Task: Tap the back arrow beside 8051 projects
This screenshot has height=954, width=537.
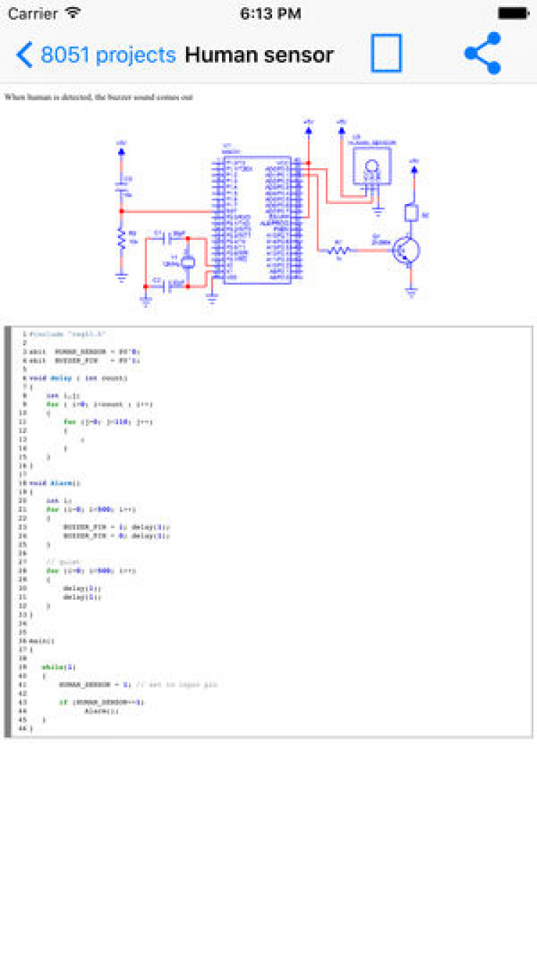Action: point(24,55)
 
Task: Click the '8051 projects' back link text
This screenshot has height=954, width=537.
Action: point(108,55)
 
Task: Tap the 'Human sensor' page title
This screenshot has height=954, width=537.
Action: point(259,55)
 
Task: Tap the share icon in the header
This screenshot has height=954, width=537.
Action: point(483,54)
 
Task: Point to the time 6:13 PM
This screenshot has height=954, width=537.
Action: point(270,14)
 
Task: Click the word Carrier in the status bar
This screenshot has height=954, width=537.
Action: point(33,14)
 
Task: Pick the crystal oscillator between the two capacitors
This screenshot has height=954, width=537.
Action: point(188,261)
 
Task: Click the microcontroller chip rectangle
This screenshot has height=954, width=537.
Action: point(257,220)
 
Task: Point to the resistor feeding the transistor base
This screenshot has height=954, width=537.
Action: point(339,250)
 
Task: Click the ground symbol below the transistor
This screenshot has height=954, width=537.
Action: point(412,292)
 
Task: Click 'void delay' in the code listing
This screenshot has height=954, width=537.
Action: point(50,378)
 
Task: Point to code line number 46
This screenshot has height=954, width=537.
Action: point(23,729)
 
